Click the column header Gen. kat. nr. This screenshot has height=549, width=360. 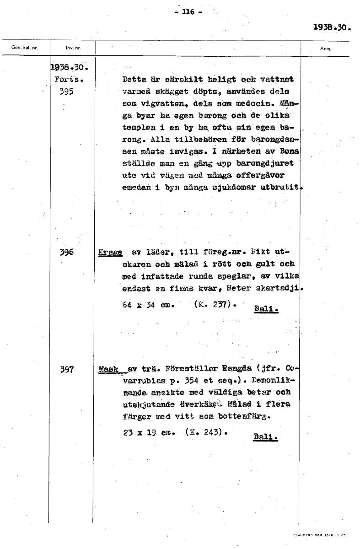pos(24,48)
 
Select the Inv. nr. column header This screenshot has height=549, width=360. pos(72,48)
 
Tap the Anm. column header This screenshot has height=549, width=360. pos(326,48)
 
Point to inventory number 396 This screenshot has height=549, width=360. pos(67,252)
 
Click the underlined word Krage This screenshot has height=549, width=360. pos(110,252)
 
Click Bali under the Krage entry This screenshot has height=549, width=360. pos(266,309)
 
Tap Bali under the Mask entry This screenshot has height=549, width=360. pos(266,437)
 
